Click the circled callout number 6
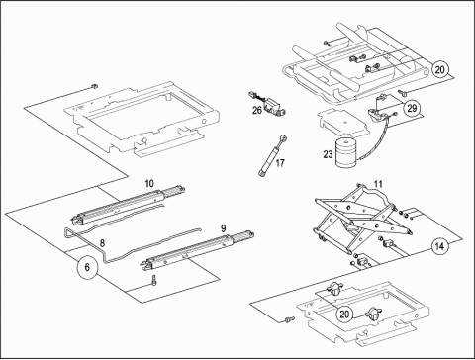[x=87, y=267]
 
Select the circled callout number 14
[x=439, y=246]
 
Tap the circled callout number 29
[x=412, y=108]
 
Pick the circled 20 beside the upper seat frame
[x=439, y=69]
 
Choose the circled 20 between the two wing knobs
[x=344, y=314]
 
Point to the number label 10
[x=149, y=184]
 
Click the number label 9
[x=224, y=228]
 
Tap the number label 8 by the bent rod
[x=102, y=243]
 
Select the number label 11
[x=378, y=184]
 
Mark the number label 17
[x=280, y=163]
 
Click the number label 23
[x=328, y=154]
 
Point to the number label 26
[x=257, y=110]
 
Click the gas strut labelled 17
[x=271, y=155]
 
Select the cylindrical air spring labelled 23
[x=347, y=153]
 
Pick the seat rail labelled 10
[x=128, y=206]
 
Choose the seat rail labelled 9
[x=197, y=250]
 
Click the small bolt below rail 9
[x=153, y=280]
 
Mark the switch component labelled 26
[x=268, y=104]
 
